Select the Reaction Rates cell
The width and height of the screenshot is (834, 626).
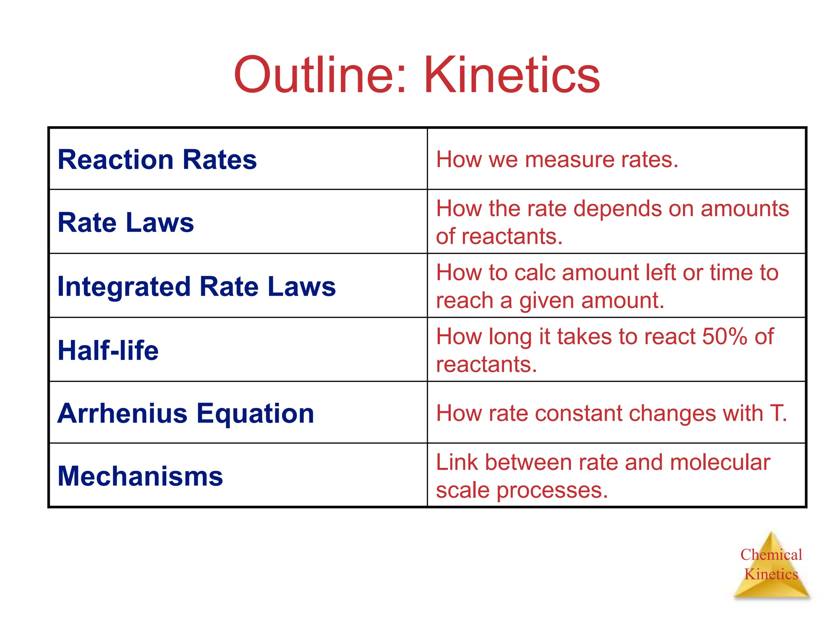(157, 159)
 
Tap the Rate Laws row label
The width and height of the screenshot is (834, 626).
(125, 223)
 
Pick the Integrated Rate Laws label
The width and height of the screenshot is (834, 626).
(196, 287)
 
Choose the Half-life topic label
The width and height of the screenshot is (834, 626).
(108, 350)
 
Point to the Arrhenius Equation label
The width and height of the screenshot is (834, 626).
(186, 413)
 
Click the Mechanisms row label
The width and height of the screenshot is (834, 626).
(140, 476)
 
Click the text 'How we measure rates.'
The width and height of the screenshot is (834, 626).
(557, 159)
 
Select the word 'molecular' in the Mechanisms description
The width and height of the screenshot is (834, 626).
(720, 463)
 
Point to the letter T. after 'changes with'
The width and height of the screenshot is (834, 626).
(778, 413)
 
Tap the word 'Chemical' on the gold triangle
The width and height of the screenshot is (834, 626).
(771, 555)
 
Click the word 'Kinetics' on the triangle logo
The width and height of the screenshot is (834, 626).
(771, 574)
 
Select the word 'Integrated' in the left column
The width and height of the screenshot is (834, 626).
(124, 287)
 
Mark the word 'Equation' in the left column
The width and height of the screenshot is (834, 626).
(255, 413)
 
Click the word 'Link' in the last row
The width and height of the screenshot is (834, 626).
(457, 463)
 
